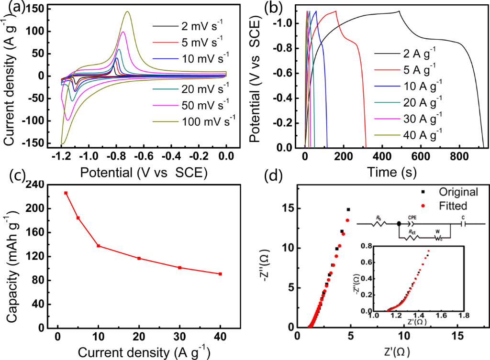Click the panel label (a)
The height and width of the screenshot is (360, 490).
tap(11, 8)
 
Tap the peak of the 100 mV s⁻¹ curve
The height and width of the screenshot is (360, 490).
tap(128, 12)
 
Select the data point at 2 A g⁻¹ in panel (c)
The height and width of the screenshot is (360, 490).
tap(66, 193)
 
